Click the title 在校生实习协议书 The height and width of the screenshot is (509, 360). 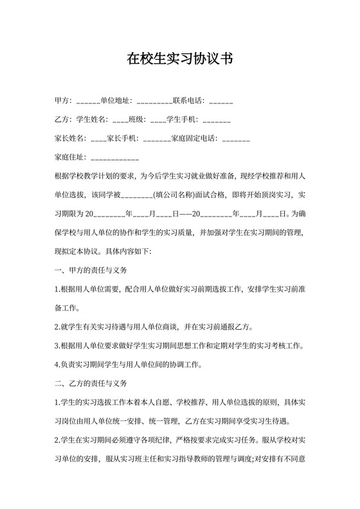[x=179, y=60]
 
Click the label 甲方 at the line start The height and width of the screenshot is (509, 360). [x=62, y=101]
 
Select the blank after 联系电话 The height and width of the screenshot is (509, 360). [x=221, y=101]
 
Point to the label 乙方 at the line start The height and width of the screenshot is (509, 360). [x=62, y=120]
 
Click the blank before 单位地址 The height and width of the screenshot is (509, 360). [x=88, y=101]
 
